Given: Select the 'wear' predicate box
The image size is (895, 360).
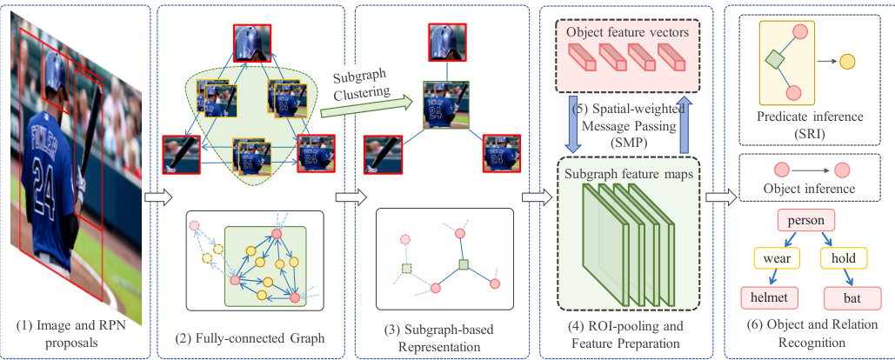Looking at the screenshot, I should point(776,259).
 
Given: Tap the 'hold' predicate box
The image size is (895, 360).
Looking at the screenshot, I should point(845,259).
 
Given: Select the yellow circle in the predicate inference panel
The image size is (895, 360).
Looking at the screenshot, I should point(847,63).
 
